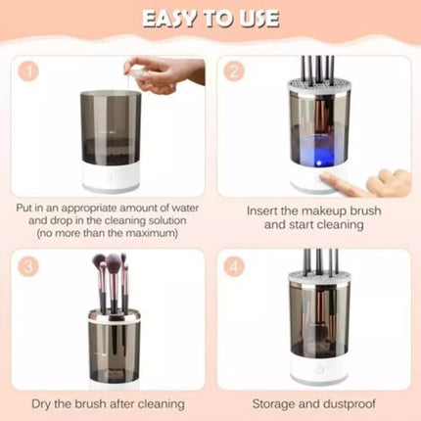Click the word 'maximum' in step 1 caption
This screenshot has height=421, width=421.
(153, 235)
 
